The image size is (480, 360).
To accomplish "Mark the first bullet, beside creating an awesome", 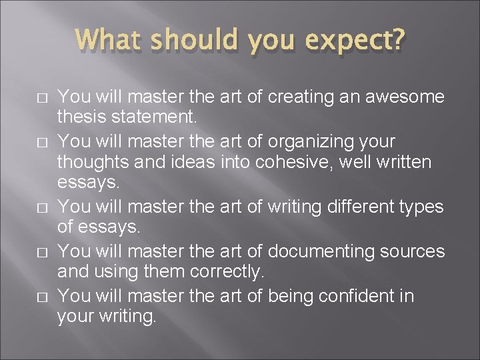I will click(41, 99).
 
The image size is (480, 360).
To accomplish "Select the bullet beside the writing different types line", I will click(41, 208).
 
